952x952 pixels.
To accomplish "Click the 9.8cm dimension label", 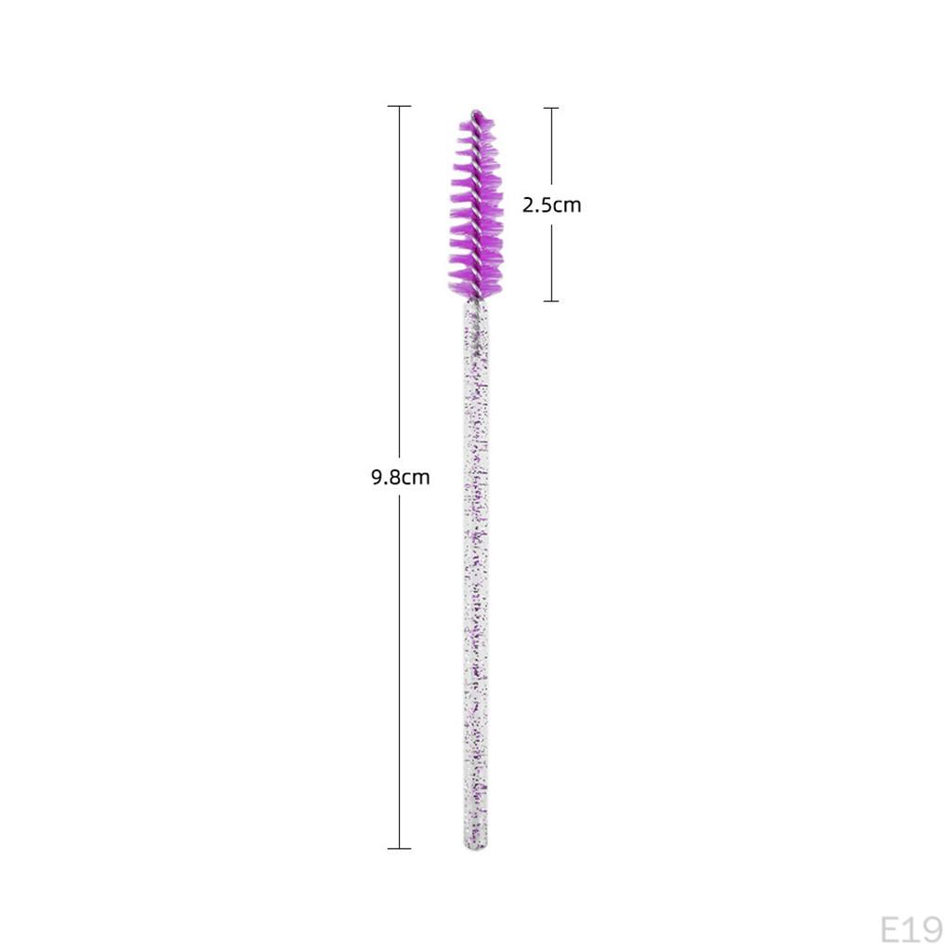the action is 400,477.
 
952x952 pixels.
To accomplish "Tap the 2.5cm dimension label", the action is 552,205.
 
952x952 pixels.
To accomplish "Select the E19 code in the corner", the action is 911,930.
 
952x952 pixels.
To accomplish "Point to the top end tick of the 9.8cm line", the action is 399,106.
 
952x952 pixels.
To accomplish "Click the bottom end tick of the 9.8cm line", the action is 399,848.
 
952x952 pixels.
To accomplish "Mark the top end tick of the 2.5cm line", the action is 551,108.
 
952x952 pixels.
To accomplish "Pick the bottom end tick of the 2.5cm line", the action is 551,300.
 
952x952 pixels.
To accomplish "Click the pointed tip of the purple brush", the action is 476,112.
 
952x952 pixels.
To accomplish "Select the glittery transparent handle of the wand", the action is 476,574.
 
